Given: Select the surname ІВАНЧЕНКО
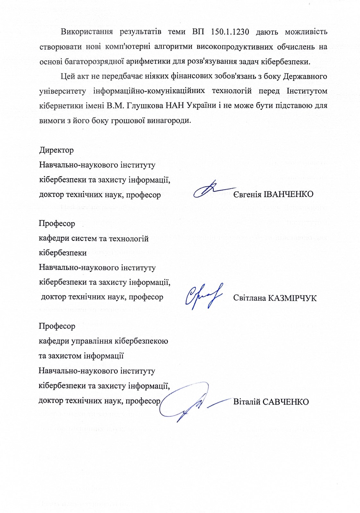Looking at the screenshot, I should [x=288, y=194].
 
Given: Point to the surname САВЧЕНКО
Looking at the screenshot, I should [x=286, y=402].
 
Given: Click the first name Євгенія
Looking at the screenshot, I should [x=247, y=194].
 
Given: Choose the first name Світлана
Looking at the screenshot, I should [x=249, y=298].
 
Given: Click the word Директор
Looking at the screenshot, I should [x=56, y=150].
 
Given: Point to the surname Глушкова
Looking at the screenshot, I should [x=147, y=106].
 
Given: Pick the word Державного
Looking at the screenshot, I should [x=305, y=76].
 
